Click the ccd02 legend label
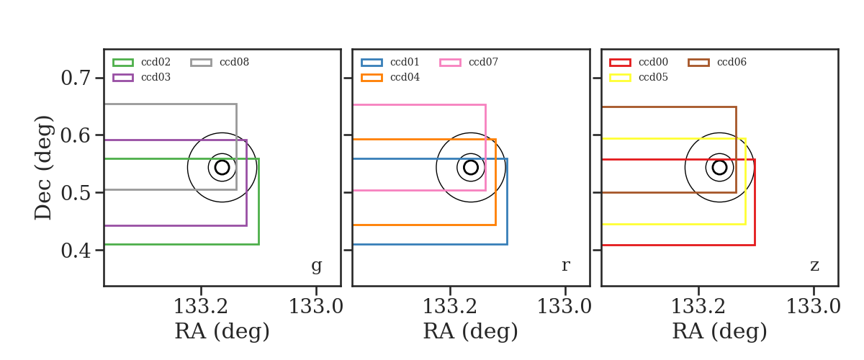156,62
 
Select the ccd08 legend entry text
234,62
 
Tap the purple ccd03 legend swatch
123,78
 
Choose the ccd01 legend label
405,62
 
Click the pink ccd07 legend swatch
450,63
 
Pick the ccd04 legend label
405,77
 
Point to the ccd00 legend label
654,62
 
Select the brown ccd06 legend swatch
698,63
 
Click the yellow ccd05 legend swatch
620,78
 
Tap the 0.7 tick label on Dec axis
76,78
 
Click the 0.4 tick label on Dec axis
76,251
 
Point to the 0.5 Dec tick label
76,192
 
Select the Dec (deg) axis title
42,168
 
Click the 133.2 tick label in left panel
201,307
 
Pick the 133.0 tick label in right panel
813,307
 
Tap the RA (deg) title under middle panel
471,331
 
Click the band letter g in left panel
316,266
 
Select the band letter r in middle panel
565,266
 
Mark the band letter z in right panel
814,266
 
